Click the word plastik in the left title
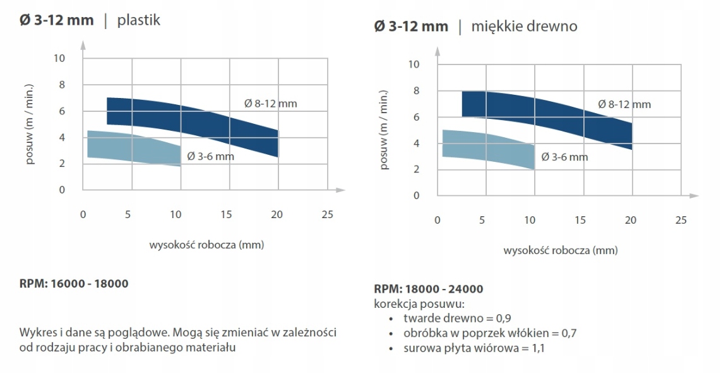pos(139,20)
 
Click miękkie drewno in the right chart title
pos(524,27)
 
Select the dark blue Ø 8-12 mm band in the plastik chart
pos(189,123)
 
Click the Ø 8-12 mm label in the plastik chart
pos(271,103)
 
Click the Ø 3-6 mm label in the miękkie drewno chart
pos(564,157)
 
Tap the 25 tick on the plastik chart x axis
pos(327,214)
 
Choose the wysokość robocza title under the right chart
pos(560,250)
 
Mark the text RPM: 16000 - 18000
pos(74,283)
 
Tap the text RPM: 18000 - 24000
pos(429,289)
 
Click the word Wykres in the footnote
pos(37,333)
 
